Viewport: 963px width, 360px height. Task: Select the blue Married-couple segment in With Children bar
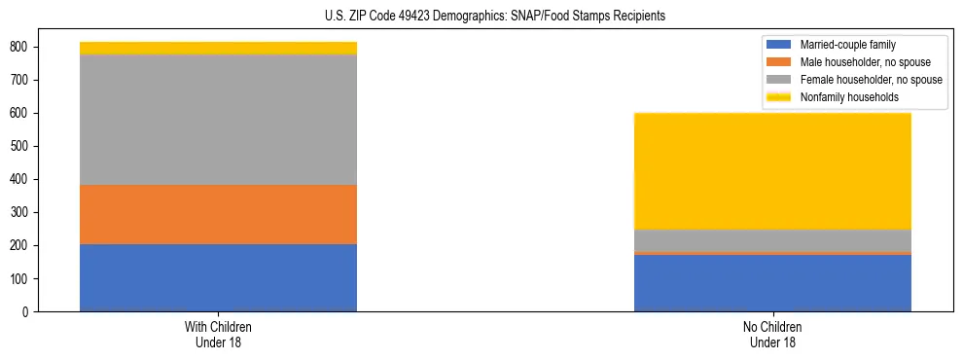(218, 277)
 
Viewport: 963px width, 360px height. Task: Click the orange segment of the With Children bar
(218, 214)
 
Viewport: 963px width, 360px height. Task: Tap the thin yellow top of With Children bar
(218, 48)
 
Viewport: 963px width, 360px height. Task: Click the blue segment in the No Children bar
(772, 283)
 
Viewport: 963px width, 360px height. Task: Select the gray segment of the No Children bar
(772, 239)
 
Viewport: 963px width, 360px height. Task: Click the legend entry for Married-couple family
(847, 45)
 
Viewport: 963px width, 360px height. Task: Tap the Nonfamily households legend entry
(849, 97)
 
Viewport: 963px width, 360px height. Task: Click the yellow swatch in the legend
(779, 97)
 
